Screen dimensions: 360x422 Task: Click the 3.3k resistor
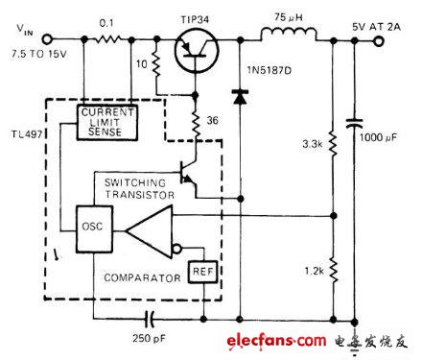332,145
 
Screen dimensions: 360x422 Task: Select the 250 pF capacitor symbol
152,316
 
